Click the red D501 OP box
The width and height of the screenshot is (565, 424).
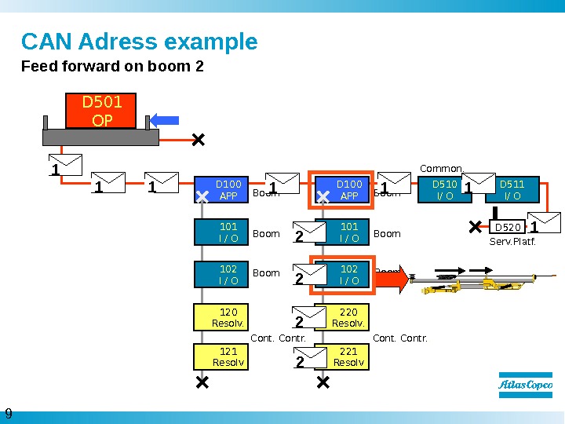(100, 111)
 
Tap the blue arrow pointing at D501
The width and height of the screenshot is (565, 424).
(165, 119)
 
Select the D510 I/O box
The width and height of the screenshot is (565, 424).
(444, 190)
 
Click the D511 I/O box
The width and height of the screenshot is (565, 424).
(512, 190)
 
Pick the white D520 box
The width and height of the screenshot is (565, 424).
(508, 228)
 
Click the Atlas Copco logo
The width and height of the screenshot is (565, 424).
(525, 386)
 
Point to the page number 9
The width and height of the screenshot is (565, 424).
(9, 414)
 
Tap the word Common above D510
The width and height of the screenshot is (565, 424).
(441, 168)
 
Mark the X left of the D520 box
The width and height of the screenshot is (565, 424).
(475, 227)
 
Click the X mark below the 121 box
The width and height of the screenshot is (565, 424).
(202, 382)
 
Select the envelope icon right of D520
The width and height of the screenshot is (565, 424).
(545, 223)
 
